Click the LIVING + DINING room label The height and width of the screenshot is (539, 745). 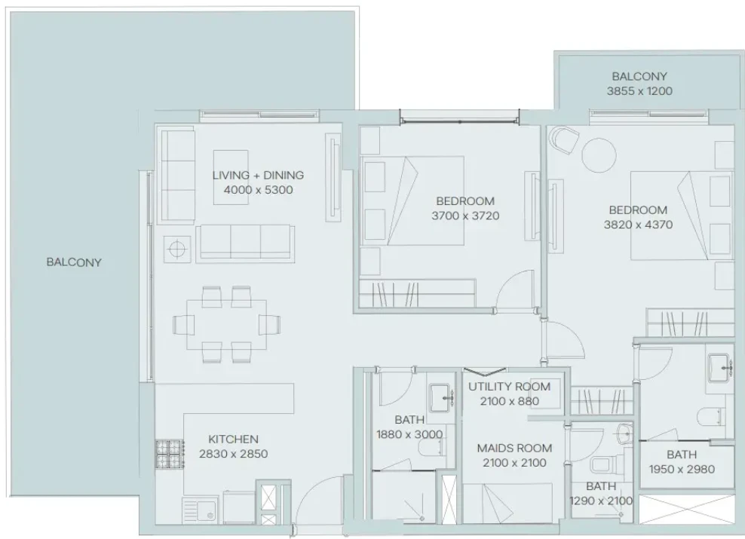click(x=258, y=175)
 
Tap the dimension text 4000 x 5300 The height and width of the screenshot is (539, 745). click(x=258, y=190)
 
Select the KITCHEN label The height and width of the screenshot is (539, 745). click(x=233, y=439)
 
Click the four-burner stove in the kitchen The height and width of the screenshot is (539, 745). click(x=170, y=454)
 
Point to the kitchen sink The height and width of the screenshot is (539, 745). click(x=201, y=510)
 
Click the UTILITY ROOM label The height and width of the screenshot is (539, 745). click(x=509, y=387)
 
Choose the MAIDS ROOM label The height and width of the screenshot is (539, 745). click(x=514, y=449)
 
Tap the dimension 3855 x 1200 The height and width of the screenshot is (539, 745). click(x=639, y=91)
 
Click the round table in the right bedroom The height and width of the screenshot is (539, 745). click(x=599, y=155)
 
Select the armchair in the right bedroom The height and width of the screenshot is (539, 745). click(x=565, y=140)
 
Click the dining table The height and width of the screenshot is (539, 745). click(x=226, y=324)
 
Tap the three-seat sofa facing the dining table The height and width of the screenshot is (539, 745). click(x=245, y=243)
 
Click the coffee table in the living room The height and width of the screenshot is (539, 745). click(x=231, y=178)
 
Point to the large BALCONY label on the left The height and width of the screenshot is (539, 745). click(x=74, y=262)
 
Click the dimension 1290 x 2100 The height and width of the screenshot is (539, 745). click(x=601, y=501)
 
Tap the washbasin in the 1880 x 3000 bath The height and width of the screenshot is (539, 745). click(x=441, y=398)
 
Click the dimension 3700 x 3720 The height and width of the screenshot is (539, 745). click(x=465, y=216)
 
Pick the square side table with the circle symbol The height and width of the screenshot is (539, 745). click(x=176, y=249)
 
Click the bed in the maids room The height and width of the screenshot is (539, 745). click(x=507, y=504)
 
